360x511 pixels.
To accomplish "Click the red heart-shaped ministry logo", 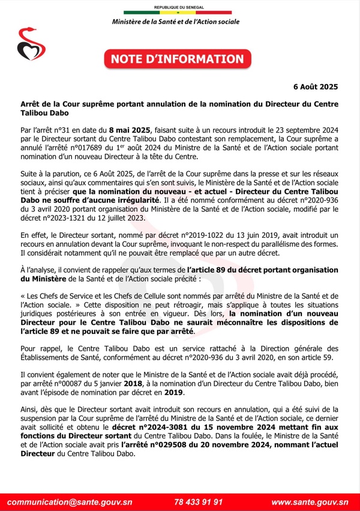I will [x=27, y=44].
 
